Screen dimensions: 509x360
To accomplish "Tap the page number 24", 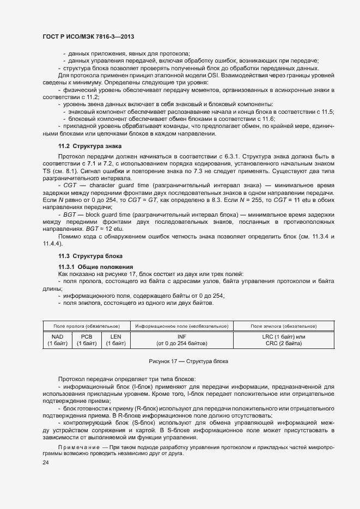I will coord(46,462).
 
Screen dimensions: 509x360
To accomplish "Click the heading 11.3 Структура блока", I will coord(90,256).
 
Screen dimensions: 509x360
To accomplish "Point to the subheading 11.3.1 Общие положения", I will coord(96,266).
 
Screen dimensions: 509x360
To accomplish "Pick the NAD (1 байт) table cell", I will coord(57,340).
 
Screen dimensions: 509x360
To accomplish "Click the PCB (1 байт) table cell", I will coord(86,340).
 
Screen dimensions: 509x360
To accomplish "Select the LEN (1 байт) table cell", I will coord(115,340).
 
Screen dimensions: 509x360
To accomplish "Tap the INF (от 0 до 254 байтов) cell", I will coord(181,340).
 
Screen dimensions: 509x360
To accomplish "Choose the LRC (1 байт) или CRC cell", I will coord(283,340).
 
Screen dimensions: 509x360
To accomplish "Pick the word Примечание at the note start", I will coord(76,447).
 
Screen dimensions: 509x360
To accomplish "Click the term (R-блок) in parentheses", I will coord(145,408).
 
